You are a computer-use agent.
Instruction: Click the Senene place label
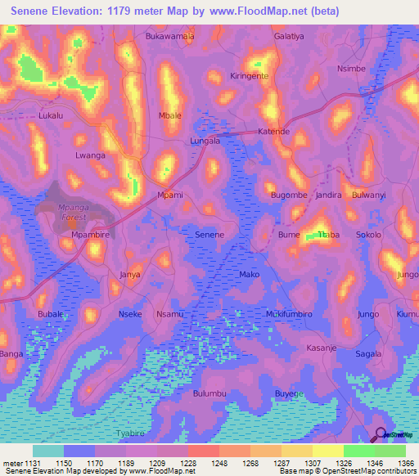click(209, 235)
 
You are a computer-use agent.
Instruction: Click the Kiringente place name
click(250, 75)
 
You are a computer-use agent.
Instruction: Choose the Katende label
click(274, 131)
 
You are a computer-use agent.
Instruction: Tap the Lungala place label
click(205, 141)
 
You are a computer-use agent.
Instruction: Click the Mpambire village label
click(90, 235)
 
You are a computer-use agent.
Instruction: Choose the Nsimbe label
click(351, 69)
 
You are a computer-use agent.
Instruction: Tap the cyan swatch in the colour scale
click(48, 451)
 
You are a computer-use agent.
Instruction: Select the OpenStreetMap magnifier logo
click(380, 434)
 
